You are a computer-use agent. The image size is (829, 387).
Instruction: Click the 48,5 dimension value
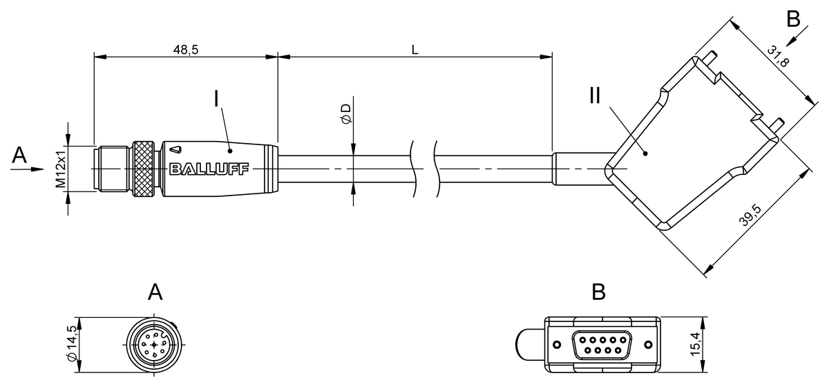(x=186, y=50)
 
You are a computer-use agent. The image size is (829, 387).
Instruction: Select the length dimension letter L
(x=415, y=50)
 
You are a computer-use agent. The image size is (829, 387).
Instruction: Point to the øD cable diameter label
(x=346, y=114)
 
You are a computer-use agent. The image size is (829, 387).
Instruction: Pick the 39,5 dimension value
(x=750, y=215)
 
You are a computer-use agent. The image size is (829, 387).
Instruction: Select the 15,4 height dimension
(x=696, y=344)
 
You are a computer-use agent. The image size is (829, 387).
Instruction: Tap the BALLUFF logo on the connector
(x=209, y=169)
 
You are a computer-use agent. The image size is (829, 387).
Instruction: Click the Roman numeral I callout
(x=216, y=99)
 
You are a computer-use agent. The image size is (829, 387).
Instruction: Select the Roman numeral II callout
(x=595, y=95)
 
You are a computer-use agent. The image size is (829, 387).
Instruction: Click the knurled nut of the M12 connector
(x=144, y=169)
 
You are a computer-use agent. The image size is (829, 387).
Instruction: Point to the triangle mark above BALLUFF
(x=175, y=150)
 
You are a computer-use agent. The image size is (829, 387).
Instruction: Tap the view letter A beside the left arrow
(x=19, y=155)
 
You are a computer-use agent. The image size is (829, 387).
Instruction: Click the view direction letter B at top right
(x=793, y=19)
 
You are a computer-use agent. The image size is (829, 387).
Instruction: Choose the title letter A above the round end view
(x=155, y=292)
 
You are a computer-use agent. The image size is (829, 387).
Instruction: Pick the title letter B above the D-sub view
(x=599, y=292)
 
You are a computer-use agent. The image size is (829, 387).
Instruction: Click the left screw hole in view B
(x=557, y=345)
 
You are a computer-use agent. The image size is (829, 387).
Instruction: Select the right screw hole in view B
(x=649, y=345)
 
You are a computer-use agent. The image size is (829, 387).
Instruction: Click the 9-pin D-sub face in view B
(x=602, y=345)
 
